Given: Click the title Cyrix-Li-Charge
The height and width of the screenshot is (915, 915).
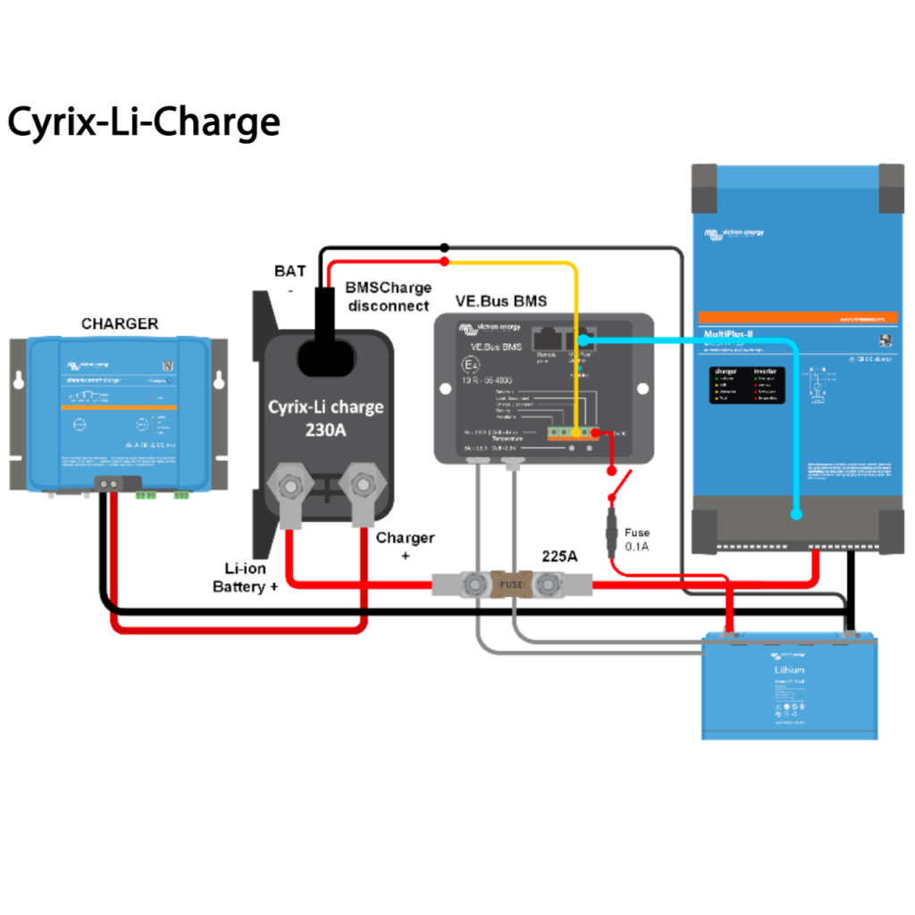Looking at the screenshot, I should coord(144,122).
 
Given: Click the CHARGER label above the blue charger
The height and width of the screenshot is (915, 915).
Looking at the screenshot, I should coord(120,323).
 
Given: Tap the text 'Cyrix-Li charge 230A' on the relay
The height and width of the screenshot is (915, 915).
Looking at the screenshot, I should coord(326,418).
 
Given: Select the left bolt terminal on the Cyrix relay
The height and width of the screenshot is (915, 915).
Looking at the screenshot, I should coord(290,487).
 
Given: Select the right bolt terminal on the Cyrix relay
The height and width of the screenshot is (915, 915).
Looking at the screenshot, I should coord(362,486).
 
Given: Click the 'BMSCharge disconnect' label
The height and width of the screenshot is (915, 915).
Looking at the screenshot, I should coord(388,297).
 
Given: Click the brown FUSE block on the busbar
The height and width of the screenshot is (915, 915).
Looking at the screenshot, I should coord(510,584).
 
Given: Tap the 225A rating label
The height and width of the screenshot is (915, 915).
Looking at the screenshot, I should coord(559,556).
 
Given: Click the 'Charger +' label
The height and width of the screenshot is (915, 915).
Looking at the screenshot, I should coord(405,546).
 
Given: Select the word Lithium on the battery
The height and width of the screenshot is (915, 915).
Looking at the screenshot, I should coord(788,669).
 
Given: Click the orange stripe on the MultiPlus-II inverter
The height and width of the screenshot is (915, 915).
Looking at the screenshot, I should coord(797,317).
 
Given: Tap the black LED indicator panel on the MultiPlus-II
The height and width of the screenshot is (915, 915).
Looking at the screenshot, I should coord(748,384).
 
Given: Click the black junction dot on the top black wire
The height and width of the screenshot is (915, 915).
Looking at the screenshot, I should coord(444,247).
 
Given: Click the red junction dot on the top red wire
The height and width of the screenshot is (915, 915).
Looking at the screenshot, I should coord(444,262).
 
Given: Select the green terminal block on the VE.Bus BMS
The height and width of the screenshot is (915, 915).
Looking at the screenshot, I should coord(571,433).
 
